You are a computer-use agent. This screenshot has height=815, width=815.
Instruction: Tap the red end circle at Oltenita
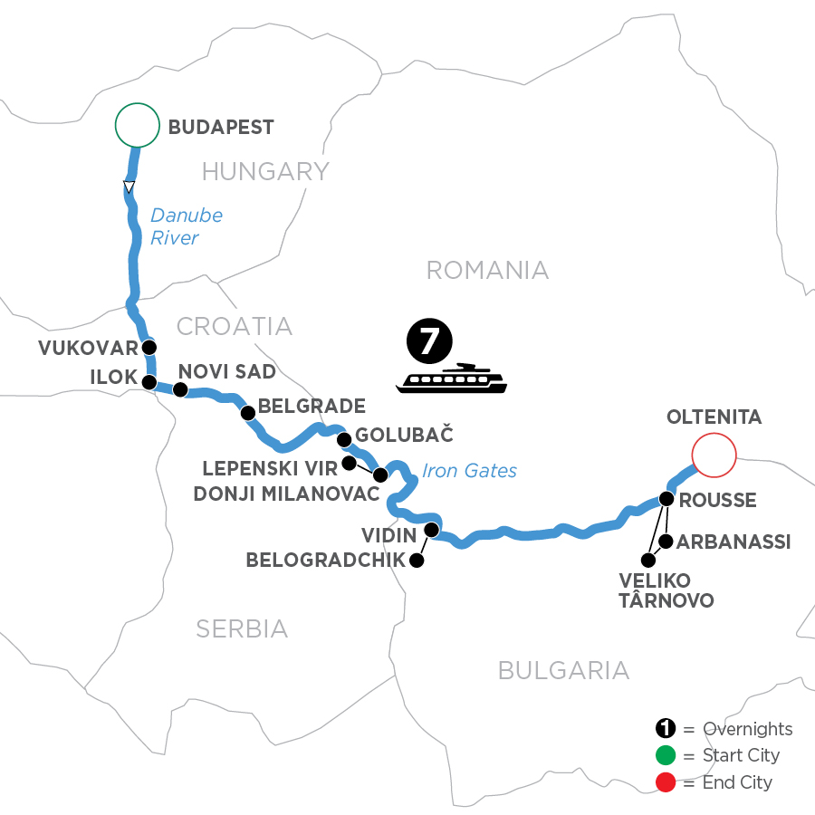(713, 455)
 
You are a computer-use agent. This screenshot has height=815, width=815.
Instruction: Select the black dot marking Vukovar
(149, 348)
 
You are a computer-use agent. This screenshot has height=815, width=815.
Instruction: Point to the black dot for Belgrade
(247, 413)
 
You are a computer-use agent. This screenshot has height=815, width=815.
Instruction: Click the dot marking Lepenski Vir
(349, 464)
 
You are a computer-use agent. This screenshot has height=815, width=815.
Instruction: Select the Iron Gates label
(470, 470)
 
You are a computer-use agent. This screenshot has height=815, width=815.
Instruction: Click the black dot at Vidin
(432, 530)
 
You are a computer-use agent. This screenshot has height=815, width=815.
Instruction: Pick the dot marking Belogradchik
(417, 561)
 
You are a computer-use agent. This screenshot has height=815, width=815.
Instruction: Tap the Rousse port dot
(666, 498)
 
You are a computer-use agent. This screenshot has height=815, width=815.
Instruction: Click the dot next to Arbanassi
(666, 542)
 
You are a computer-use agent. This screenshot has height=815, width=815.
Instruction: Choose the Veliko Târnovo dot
(647, 560)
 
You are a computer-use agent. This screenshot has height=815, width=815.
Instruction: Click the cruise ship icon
(452, 379)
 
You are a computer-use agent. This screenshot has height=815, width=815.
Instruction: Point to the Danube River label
(186, 226)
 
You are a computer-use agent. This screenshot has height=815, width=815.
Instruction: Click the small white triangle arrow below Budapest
(129, 187)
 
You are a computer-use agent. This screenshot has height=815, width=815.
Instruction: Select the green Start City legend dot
(665, 755)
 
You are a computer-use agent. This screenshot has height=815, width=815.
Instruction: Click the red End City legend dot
(665, 781)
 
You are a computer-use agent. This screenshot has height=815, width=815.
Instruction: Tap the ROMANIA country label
(487, 270)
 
